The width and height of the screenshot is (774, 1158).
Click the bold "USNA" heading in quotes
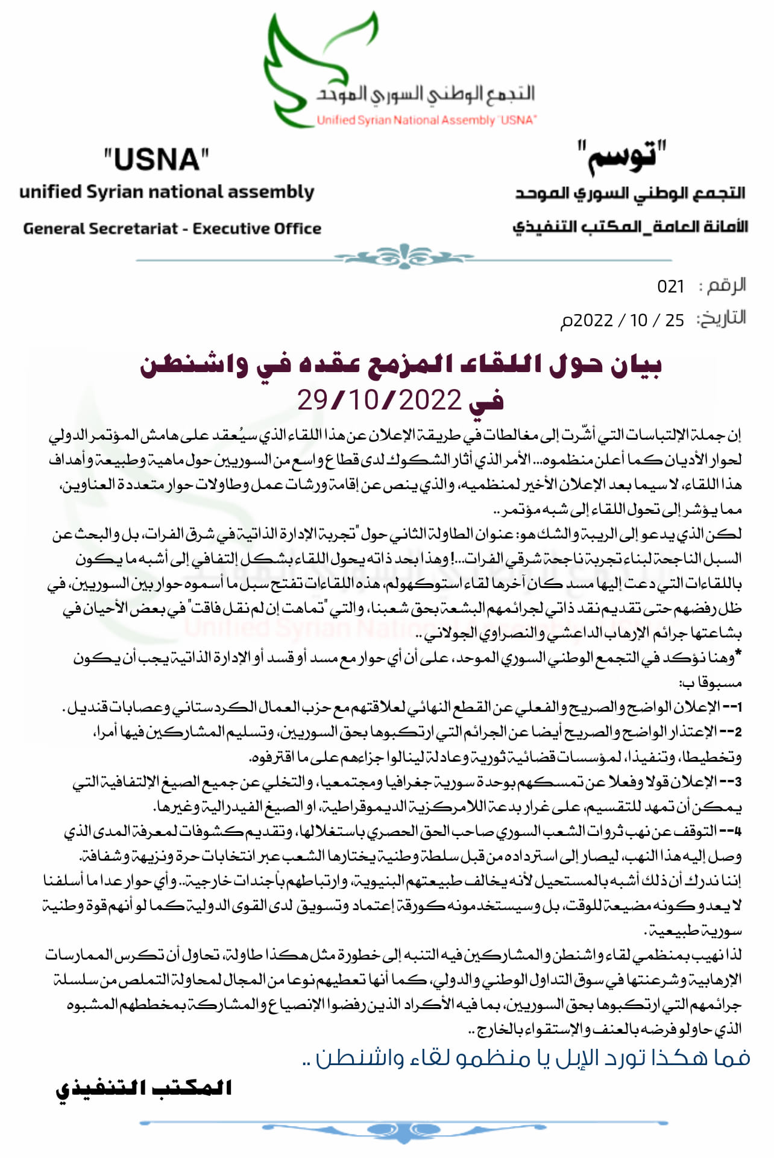click(x=157, y=160)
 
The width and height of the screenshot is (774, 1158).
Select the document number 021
click(x=670, y=286)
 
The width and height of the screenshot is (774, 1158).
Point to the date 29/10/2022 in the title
click(x=379, y=400)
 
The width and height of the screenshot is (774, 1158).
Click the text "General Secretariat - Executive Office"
click(x=172, y=229)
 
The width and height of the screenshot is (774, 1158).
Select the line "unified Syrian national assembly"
click(x=166, y=192)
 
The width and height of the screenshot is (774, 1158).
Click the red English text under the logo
click(x=426, y=120)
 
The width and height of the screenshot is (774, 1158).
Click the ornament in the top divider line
click(x=404, y=257)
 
